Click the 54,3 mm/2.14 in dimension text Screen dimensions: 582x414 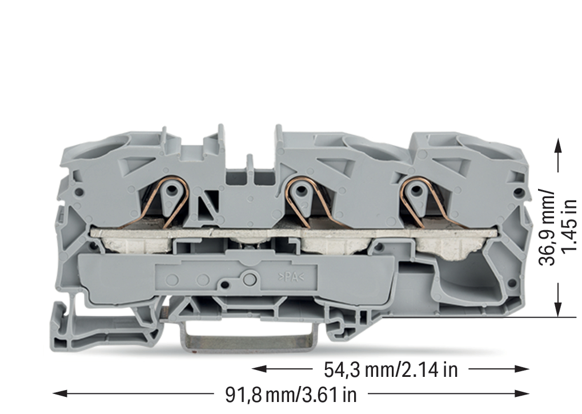coord(391,369)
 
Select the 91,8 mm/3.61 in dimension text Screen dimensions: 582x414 coord(291,395)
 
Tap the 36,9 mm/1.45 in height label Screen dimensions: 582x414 coord(558,228)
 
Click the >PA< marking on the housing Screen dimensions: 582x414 coord(291,277)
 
